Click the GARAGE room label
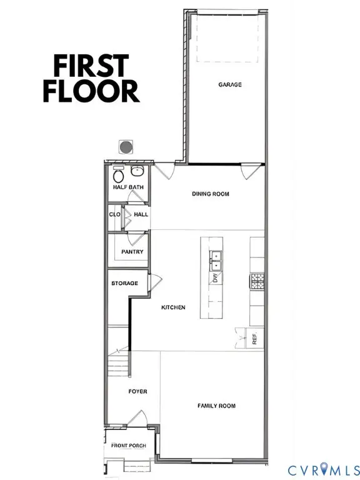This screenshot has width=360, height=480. coord(230,84)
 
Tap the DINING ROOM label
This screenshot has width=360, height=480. coord(210,194)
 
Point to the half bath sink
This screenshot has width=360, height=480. coord(139,171)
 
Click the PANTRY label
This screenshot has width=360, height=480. coord(132,252)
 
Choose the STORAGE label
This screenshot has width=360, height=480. coord(125,283)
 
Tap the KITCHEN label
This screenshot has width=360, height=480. coord(173,307)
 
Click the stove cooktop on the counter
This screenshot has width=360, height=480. coord(256,281)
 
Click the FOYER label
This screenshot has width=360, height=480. coord(137,391)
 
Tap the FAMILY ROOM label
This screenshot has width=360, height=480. coord(216,406)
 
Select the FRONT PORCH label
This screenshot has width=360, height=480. coord(129,446)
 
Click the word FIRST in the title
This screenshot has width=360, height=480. coord(91,66)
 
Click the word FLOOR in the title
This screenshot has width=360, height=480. coord(91,91)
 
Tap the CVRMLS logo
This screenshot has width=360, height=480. coord(323,469)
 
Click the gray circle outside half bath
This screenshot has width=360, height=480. coord(126,147)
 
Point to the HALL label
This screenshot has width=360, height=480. coord(141,214)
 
